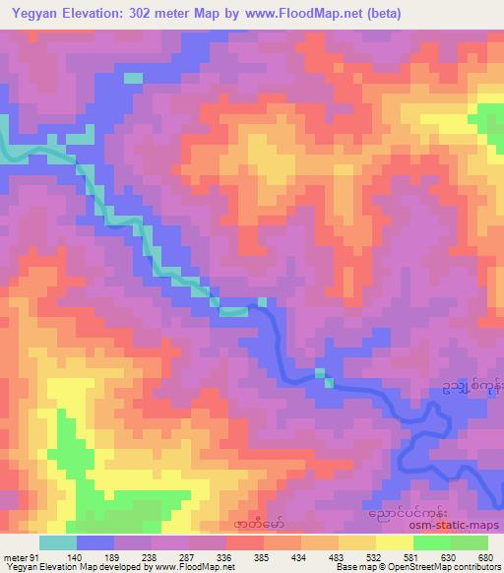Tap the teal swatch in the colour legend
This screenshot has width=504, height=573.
57,542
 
